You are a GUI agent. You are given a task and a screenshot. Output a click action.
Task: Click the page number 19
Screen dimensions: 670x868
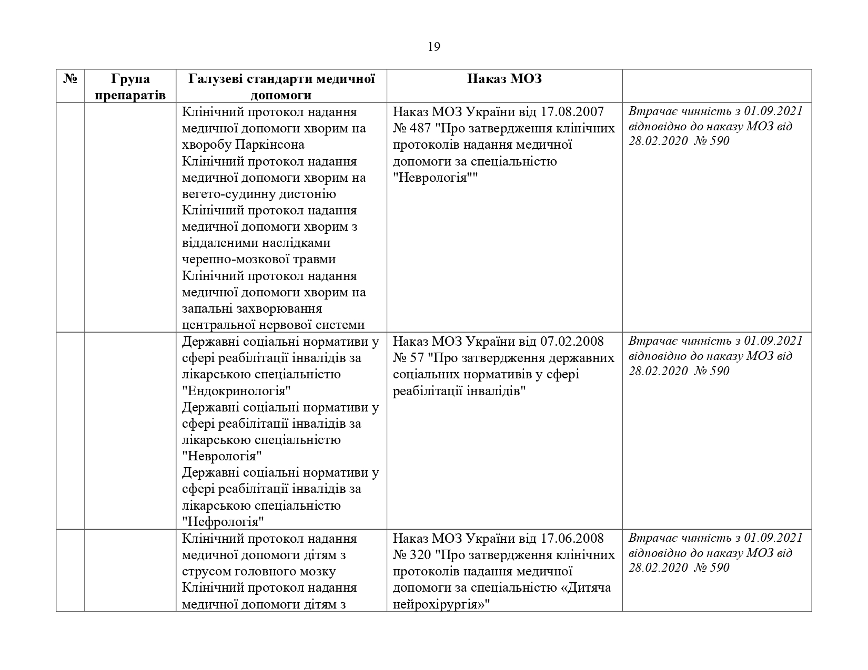tap(433, 47)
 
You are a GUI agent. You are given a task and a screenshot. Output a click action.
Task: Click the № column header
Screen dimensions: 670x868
tap(70, 79)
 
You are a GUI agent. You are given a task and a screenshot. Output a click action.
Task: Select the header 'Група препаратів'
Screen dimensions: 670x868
tap(130, 87)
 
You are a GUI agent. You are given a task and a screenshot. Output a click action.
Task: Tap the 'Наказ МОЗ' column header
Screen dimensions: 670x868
tap(504, 79)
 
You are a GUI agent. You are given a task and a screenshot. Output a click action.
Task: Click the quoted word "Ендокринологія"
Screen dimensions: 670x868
tap(236, 391)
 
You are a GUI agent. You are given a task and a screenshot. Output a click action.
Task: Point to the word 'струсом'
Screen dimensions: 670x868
tap(205, 571)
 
